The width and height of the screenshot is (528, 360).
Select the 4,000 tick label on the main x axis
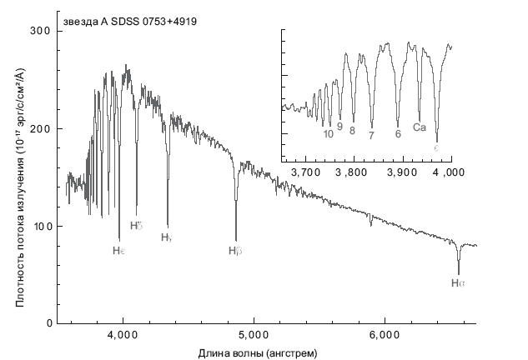tap(123, 336)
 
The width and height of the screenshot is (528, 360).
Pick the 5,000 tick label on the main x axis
tap(254, 336)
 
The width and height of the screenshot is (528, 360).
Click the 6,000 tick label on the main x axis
tap(384, 336)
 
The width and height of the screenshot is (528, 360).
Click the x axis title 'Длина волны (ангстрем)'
tap(258, 352)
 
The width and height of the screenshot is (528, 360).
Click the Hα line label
tap(458, 284)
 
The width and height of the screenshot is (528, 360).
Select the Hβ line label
tap(235, 250)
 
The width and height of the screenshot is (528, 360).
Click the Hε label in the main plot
tap(119, 250)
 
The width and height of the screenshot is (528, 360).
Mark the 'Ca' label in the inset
tap(420, 127)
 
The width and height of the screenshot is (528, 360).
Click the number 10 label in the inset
tap(329, 133)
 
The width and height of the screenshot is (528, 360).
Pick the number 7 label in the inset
tap(371, 134)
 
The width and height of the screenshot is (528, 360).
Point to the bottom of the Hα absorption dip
tap(459, 273)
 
